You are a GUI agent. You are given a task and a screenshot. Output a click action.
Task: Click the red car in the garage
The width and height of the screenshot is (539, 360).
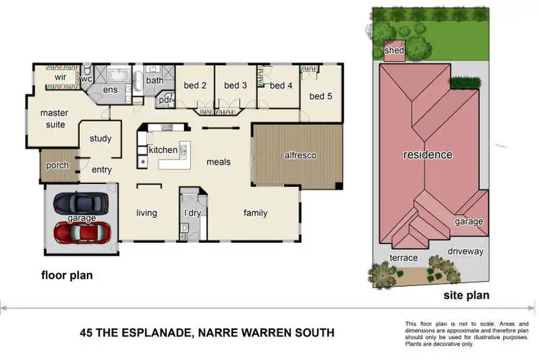coord(83,232)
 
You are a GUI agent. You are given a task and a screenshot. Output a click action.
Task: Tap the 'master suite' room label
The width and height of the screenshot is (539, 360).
coord(53,119)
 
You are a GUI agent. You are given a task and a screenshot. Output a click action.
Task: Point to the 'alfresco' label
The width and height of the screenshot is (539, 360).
coord(300,155)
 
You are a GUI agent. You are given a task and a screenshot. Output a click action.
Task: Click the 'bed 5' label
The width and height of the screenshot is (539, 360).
coord(321,96)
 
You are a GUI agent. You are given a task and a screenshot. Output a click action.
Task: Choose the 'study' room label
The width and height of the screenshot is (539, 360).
coord(101,139)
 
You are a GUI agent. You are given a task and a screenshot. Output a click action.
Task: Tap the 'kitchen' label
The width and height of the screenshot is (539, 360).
coord(162,149)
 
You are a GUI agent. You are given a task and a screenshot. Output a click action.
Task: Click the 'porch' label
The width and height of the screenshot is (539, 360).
coord(57,165)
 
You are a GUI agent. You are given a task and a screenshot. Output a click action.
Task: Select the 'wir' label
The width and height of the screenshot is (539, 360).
coord(61,75)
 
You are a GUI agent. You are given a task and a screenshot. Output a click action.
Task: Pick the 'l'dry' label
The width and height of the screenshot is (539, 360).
coord(193,213)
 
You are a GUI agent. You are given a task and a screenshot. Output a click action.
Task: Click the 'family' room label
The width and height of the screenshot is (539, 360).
coord(255,213)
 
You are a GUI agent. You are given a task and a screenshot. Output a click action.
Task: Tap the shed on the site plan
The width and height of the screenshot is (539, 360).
coord(395,51)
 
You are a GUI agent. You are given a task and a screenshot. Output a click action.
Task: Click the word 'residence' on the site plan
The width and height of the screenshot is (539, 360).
coord(428,154)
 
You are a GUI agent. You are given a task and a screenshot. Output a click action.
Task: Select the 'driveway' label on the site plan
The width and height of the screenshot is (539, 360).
coord(466,251)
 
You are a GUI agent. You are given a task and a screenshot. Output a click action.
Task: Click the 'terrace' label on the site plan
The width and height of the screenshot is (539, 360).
coord(404,257)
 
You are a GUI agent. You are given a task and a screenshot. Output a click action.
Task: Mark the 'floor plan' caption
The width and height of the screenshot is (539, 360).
coord(67,274)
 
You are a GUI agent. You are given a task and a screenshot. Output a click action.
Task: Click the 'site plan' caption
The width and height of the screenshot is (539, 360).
coord(466,295)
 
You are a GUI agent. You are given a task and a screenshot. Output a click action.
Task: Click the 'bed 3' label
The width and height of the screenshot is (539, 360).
coord(236,86)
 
